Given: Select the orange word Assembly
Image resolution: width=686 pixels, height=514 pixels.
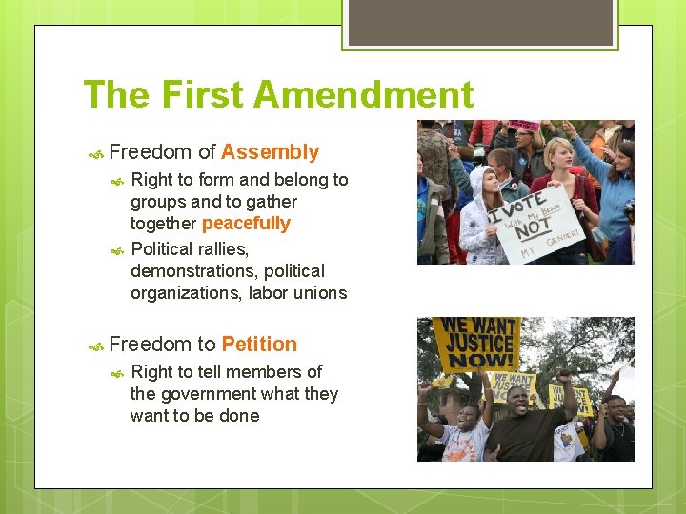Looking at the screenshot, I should pos(270,152).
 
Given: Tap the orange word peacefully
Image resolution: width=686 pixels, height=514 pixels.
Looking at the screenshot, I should pos(246,224).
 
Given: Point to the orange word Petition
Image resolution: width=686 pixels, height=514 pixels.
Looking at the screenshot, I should pos(259,345).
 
